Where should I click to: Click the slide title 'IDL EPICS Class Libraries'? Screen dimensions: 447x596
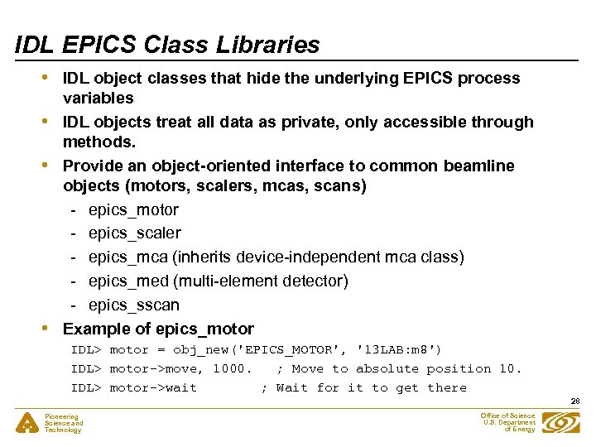pos(167,45)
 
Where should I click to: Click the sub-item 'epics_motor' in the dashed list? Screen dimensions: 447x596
pos(133,210)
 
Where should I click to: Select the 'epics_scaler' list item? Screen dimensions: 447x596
pos(134,233)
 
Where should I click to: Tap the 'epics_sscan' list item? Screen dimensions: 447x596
pos(133,305)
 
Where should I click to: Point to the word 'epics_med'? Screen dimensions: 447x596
pos(124,281)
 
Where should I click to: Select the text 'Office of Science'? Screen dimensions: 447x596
pos(507,416)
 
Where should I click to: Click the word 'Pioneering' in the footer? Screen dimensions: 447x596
pos(62,416)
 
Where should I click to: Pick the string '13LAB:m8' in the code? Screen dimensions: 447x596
pos(398,349)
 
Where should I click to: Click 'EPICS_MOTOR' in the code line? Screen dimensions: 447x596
pos(261,349)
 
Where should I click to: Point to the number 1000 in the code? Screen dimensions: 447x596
pos(228,368)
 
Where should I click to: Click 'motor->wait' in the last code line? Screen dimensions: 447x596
pos(153,387)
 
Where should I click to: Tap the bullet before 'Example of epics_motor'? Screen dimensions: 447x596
pos(53,329)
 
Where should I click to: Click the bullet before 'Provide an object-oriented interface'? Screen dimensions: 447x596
pos(53,166)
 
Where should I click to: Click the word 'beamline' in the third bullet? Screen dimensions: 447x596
pos(480,166)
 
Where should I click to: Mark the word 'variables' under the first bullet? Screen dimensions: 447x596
pos(99,99)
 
